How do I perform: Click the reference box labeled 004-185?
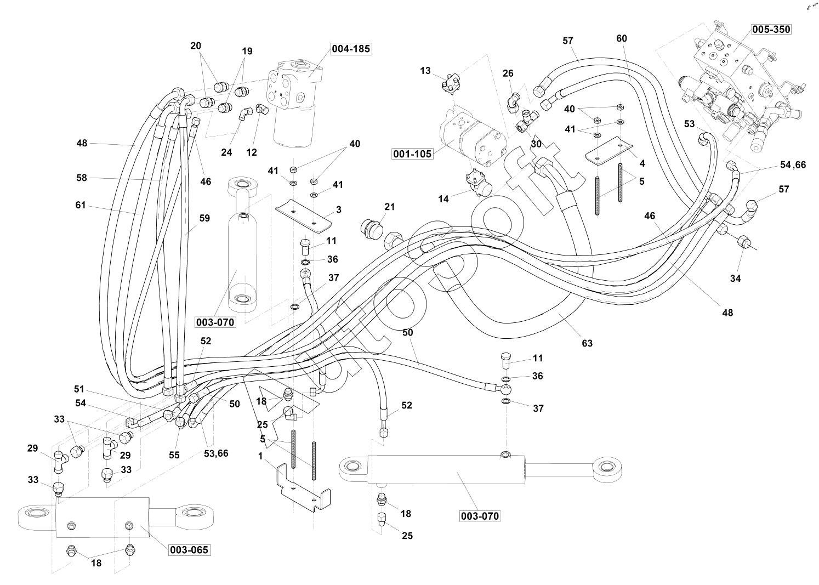tap(351, 49)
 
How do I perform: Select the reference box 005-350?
tap(771, 29)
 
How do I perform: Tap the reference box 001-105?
tap(412, 154)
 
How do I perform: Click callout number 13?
tap(426, 70)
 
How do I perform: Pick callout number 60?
tap(622, 38)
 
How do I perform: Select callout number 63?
tap(587, 343)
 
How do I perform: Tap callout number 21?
tap(390, 207)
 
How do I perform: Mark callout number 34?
tap(735, 279)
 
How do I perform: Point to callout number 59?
tap(204, 218)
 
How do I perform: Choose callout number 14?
tap(443, 199)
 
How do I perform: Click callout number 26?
tap(508, 73)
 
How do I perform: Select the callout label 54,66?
tap(793, 164)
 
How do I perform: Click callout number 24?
tap(226, 153)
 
